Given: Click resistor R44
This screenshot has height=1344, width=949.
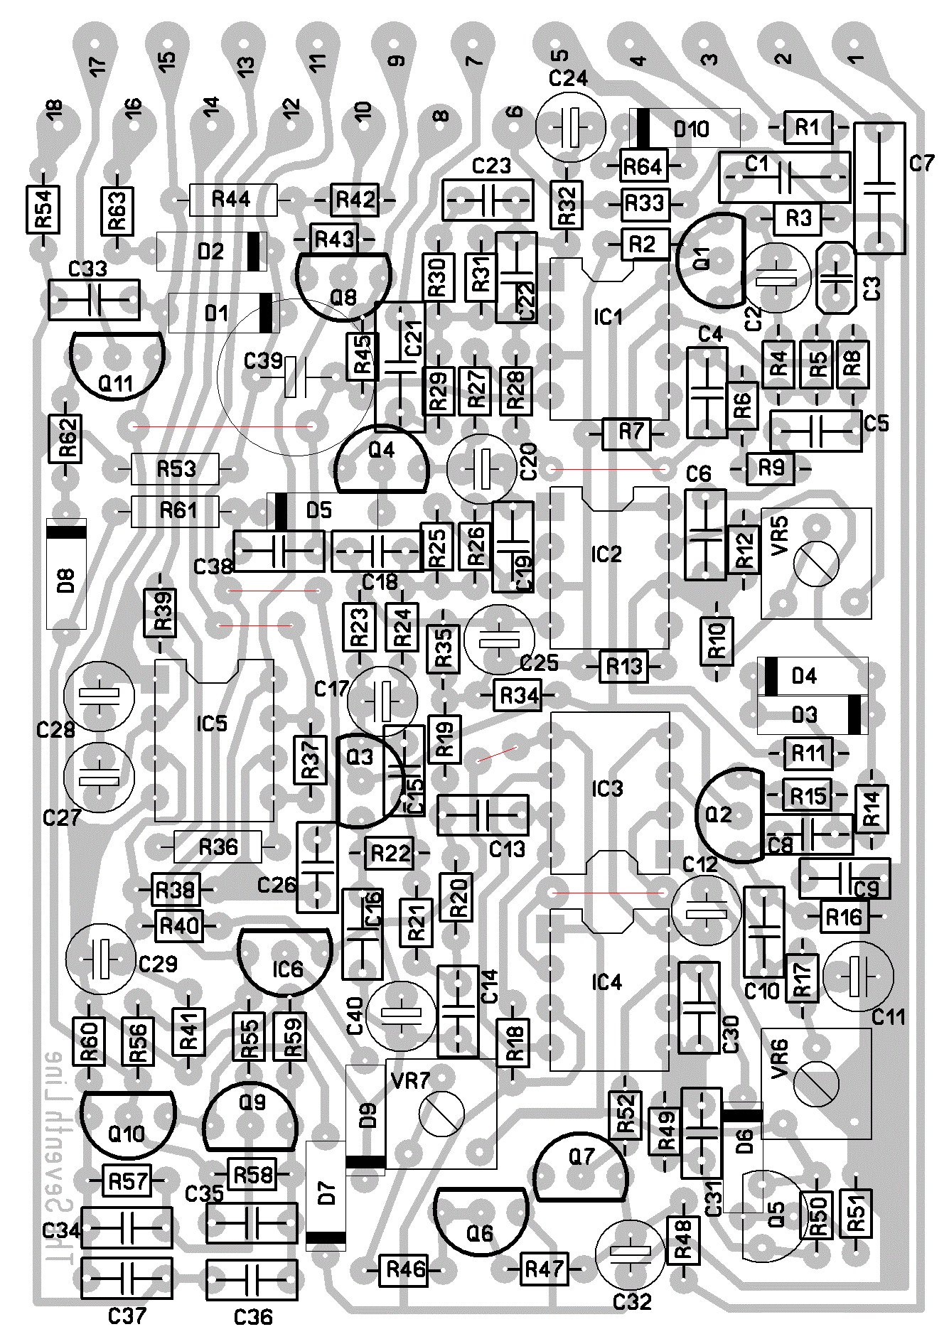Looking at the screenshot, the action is [233, 200].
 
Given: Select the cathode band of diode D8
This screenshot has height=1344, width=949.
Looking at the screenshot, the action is [66, 529].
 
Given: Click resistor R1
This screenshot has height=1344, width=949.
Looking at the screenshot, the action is [807, 128].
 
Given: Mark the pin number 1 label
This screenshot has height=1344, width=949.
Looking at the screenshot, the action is [857, 58].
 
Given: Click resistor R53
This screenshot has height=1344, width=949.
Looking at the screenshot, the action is [176, 469].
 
